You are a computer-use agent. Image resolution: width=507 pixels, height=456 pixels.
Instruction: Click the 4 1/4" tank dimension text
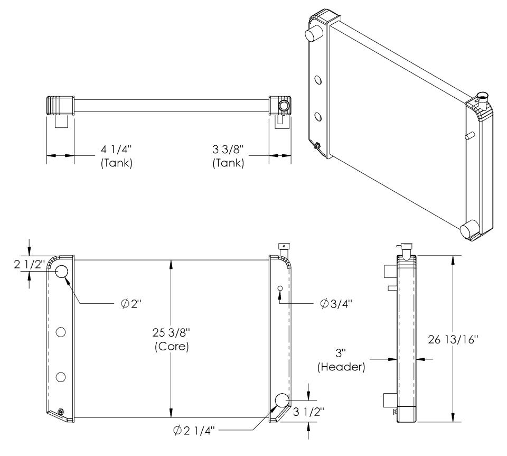pyautogui.click(x=116, y=149)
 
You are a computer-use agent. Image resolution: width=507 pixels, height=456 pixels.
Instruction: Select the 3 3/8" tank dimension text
pyautogui.click(x=228, y=149)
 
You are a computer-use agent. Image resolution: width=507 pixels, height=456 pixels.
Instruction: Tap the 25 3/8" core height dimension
pyautogui.click(x=171, y=332)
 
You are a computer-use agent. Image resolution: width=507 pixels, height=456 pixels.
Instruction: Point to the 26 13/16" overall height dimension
pyautogui.click(x=453, y=339)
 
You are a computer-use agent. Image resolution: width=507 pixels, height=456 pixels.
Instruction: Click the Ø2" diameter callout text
pyautogui.click(x=132, y=304)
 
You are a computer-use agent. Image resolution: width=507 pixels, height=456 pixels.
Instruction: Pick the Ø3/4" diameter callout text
pyautogui.click(x=336, y=304)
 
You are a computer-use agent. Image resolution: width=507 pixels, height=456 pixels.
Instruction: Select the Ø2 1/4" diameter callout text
pyautogui.click(x=194, y=431)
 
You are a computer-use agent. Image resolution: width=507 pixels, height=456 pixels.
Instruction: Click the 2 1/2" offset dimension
pyautogui.click(x=29, y=264)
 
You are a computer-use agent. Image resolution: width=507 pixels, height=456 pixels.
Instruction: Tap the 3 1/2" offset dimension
pyautogui.click(x=308, y=412)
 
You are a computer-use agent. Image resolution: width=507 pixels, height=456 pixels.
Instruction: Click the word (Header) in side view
pyautogui.click(x=341, y=367)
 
